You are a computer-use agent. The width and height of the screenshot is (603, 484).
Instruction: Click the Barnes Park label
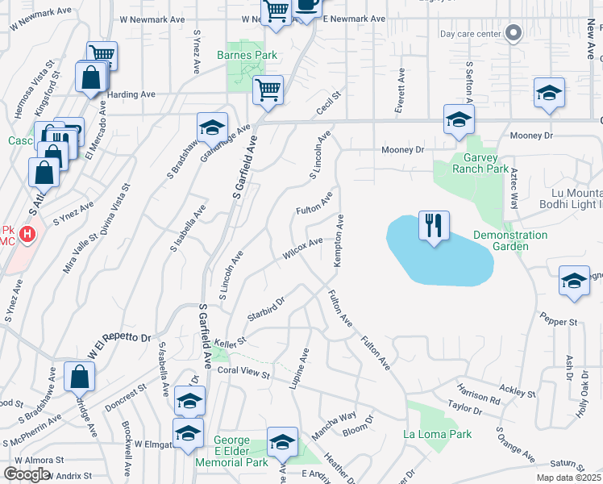247,56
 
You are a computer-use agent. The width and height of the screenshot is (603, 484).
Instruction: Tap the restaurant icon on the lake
434,225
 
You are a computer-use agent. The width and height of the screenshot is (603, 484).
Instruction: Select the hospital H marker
27,235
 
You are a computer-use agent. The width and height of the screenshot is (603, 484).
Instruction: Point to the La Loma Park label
437,434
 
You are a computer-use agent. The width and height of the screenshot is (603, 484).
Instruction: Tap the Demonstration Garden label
509,240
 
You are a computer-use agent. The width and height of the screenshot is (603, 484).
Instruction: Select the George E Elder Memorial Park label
231,452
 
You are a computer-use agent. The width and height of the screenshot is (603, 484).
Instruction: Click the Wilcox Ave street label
302,249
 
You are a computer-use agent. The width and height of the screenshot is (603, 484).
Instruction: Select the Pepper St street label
559,322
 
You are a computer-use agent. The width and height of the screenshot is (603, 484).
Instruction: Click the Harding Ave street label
131,94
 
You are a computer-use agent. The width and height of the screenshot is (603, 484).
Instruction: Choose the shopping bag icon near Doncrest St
80,376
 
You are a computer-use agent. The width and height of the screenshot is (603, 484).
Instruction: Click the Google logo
27,474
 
